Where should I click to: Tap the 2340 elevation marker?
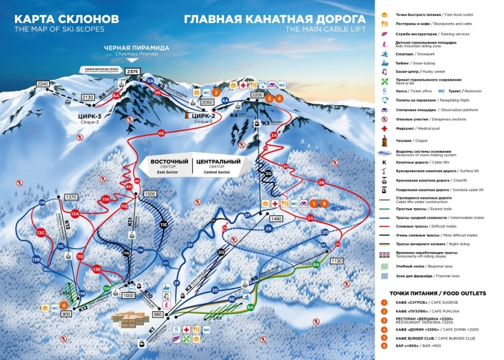click(x=42, y=84)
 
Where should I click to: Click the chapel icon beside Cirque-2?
click(x=190, y=113)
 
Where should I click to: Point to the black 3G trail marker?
click(x=268, y=174)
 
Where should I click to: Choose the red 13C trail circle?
click(x=41, y=233)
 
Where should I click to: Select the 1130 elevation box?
click(x=336, y=262)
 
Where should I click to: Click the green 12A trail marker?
click(x=107, y=289)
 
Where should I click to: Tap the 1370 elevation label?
click(x=71, y=197)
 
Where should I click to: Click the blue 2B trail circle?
click(x=268, y=228)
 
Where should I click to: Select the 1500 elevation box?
click(x=150, y=194)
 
